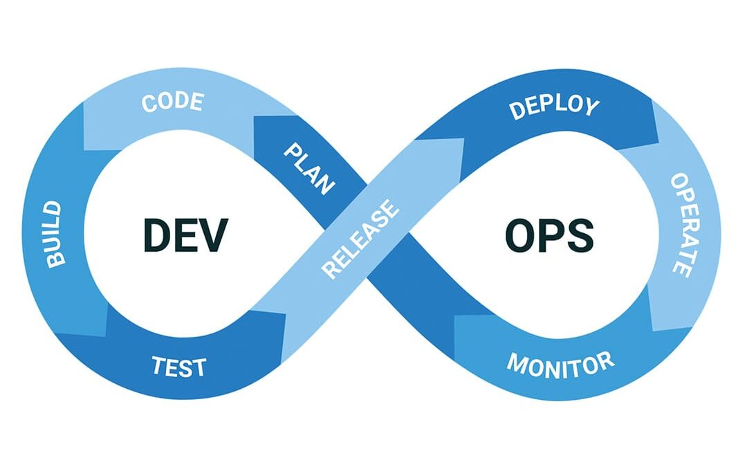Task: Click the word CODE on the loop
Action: tap(172, 102)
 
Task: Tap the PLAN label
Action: tap(310, 169)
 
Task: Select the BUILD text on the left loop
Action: tap(54, 235)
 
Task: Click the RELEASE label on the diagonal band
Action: tap(361, 239)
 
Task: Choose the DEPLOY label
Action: tap(553, 108)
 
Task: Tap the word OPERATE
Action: tap(681, 225)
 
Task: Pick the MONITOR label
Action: tap(560, 363)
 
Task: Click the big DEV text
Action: tap(185, 235)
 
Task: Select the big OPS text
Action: tap(548, 235)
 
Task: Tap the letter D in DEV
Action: tap(156, 235)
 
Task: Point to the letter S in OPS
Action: tap(580, 235)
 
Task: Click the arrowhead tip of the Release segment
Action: tap(462, 141)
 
